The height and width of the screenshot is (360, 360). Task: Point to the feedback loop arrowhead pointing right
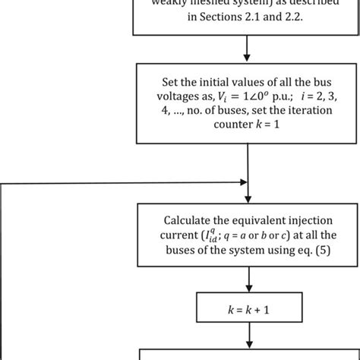point(242,183)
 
